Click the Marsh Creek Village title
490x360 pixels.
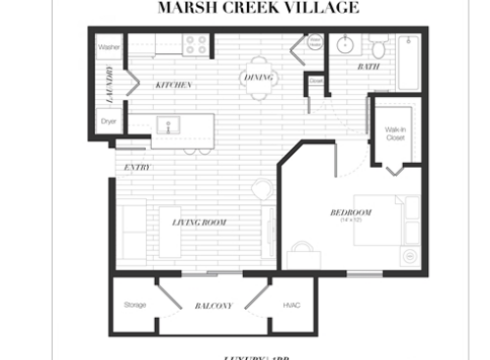pyautogui.click(x=258, y=9)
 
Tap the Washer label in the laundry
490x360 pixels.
pyautogui.click(x=109, y=46)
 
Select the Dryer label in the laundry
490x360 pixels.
pyautogui.click(x=109, y=123)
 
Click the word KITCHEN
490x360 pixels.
pyautogui.click(x=173, y=85)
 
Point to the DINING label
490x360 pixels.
pyautogui.click(x=259, y=75)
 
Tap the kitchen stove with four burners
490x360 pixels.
pyautogui.click(x=195, y=45)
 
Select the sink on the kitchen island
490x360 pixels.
pyautogui.click(x=169, y=126)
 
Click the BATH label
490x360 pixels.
pyautogui.click(x=368, y=67)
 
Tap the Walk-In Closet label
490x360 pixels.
pyautogui.click(x=395, y=134)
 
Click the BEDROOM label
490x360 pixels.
pyautogui.click(x=350, y=213)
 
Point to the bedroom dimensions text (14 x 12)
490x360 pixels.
pyautogui.click(x=351, y=221)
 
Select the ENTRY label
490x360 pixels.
pyautogui.click(x=136, y=168)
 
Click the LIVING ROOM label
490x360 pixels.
pyautogui.click(x=199, y=223)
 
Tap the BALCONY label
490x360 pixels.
pyautogui.click(x=213, y=306)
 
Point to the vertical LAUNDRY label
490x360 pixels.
pyautogui.click(x=109, y=84)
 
